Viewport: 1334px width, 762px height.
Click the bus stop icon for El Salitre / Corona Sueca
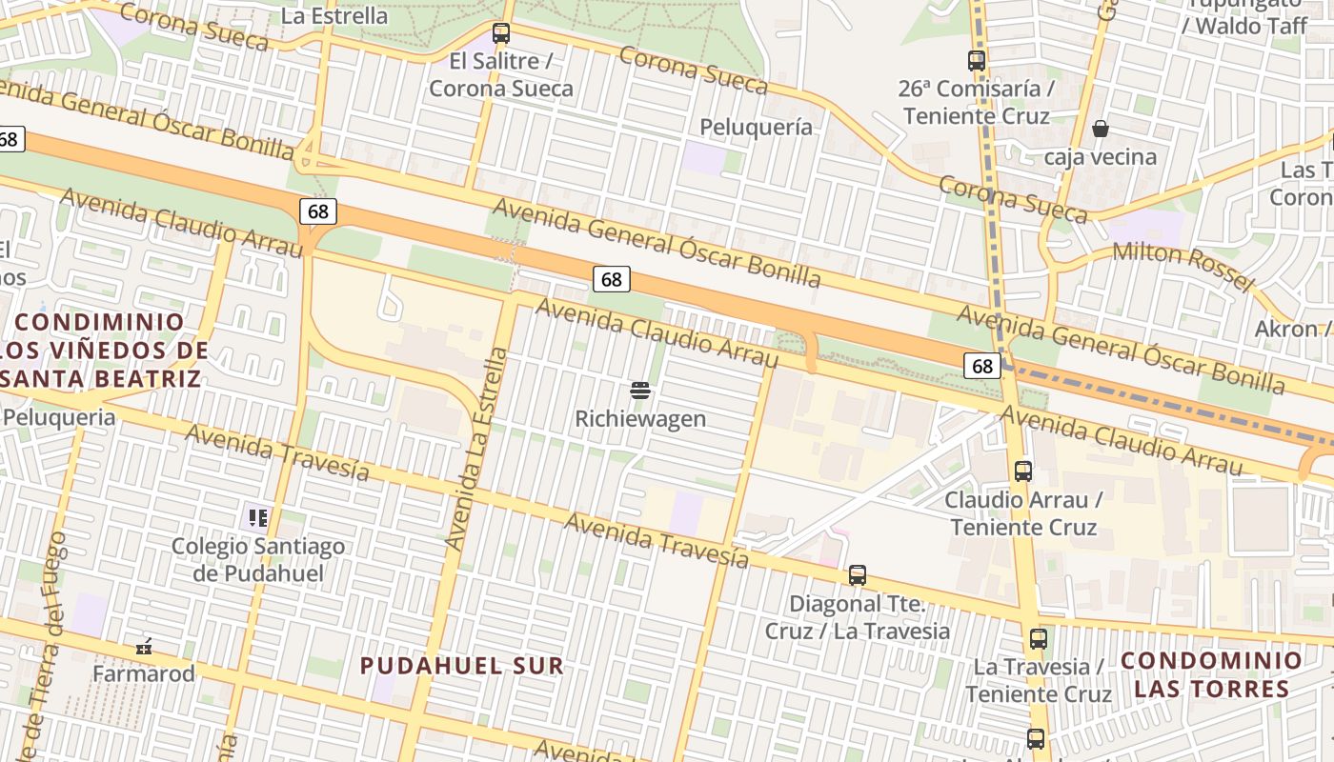501,33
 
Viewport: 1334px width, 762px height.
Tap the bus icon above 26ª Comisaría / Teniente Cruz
977,61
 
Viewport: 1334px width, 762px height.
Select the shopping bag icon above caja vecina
1101,128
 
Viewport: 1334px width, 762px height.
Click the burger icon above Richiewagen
640,390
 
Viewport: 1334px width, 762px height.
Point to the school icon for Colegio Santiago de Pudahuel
257,518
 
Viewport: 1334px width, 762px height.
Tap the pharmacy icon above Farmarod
144,647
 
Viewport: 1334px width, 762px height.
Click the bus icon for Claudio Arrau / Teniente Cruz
1023,471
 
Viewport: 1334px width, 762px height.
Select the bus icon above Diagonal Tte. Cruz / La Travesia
858,575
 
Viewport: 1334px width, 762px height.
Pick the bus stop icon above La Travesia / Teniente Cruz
1039,638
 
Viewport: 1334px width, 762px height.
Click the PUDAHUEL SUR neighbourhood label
462,666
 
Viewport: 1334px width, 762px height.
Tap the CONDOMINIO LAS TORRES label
1211,673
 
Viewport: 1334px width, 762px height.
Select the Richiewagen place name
640,419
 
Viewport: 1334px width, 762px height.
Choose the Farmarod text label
144,673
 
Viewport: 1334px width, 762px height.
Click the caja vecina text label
1101,156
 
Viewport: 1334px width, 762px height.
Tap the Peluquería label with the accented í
757,127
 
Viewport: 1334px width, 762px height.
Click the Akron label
1286,329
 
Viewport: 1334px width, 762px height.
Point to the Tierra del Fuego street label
47,648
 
